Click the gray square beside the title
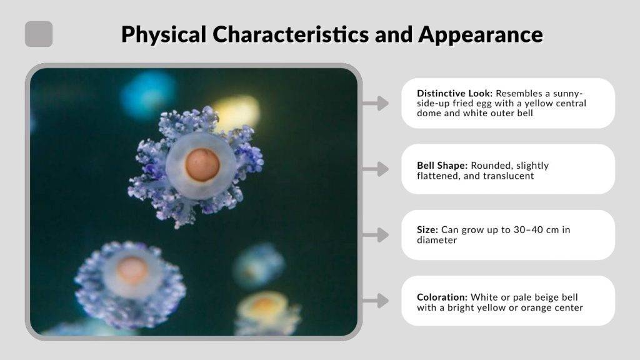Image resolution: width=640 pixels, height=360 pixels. (39, 34)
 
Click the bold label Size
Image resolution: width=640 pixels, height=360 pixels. (426, 229)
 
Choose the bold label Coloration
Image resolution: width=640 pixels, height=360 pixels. (442, 297)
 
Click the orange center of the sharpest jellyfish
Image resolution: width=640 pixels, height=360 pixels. (202, 164)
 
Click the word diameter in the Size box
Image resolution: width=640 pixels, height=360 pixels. (438, 239)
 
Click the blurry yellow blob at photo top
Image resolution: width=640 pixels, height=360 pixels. (236, 111)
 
